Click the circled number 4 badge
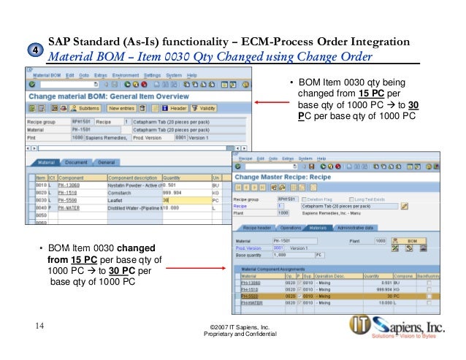33,50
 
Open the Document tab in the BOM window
76,162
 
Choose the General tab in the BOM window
107,162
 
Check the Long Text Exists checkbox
351,199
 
